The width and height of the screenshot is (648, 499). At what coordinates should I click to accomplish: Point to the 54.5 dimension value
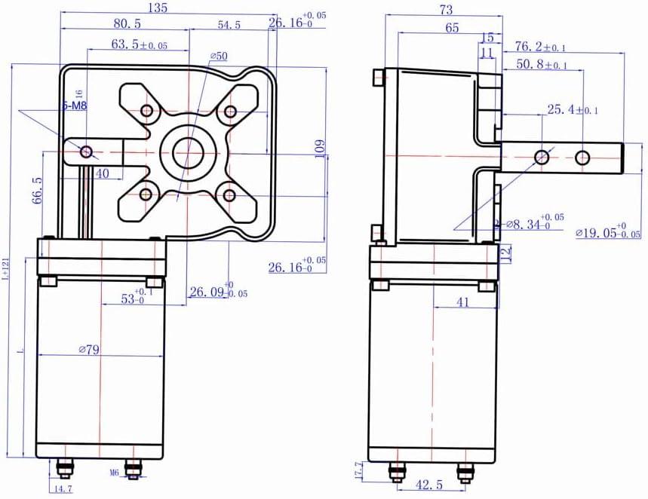(229, 25)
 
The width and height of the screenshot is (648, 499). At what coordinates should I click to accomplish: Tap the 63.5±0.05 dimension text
(139, 44)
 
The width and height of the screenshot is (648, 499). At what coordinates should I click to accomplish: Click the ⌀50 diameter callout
(219, 56)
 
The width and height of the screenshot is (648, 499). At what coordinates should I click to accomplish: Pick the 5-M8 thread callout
(74, 106)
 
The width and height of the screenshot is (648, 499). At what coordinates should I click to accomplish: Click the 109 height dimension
(319, 149)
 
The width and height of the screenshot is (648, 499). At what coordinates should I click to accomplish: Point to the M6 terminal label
(115, 473)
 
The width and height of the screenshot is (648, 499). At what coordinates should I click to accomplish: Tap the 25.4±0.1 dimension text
(572, 110)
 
